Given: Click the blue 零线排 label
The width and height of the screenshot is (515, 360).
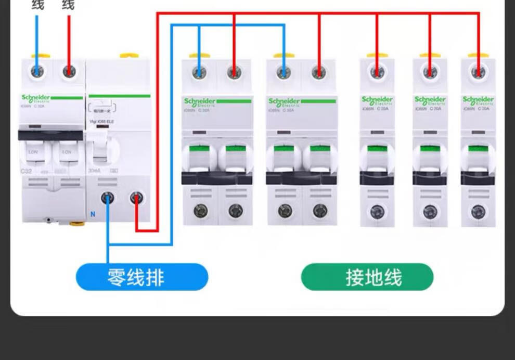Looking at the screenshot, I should (x=142, y=277).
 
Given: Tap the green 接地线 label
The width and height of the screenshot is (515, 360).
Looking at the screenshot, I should (x=367, y=277).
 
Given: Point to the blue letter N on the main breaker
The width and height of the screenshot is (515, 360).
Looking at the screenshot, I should (x=93, y=214).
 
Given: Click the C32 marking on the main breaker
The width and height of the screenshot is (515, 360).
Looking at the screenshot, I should (x=26, y=171).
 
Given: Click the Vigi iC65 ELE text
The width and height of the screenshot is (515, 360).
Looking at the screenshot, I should (x=101, y=122).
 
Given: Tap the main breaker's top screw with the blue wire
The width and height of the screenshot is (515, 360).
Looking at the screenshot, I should (x=37, y=71).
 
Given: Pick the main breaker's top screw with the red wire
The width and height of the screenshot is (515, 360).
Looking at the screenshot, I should (x=69, y=71).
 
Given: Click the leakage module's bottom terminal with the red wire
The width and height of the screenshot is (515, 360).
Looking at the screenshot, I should (x=136, y=198).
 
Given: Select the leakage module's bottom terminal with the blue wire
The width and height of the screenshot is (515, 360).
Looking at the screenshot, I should (x=108, y=198).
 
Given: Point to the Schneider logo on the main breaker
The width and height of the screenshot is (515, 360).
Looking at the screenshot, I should (x=36, y=98).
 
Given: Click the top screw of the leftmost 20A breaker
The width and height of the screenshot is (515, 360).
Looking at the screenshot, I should (x=377, y=72).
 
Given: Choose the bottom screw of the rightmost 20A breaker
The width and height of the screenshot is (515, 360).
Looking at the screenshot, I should (x=478, y=212).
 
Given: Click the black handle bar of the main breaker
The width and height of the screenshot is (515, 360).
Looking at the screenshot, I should (x=50, y=135).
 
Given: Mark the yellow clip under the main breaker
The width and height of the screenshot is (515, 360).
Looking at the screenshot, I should (x=77, y=223).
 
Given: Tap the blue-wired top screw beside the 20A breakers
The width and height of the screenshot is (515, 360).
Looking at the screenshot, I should (x=284, y=72).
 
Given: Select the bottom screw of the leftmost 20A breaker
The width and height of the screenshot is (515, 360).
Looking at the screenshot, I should (x=377, y=212).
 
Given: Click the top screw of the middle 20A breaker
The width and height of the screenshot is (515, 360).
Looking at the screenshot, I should (x=430, y=72).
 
